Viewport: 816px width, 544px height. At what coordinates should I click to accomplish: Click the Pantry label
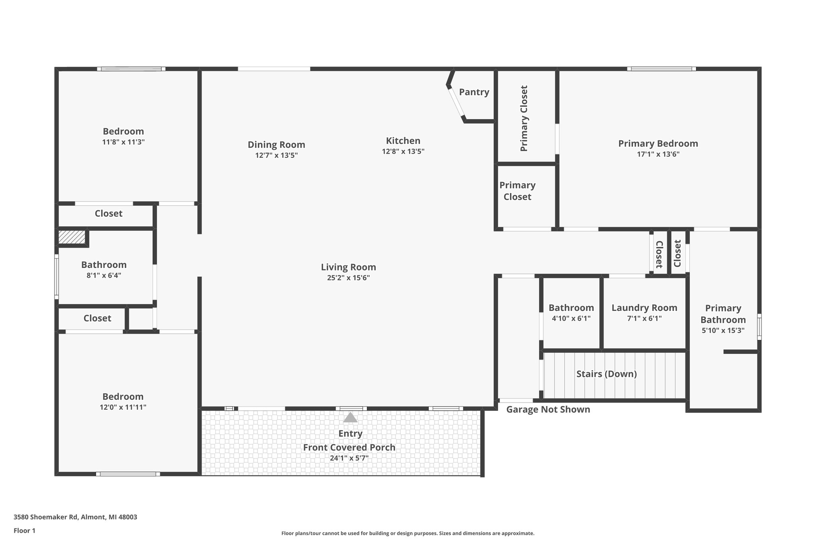[474, 92]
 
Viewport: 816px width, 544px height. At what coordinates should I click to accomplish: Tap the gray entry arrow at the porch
[350, 417]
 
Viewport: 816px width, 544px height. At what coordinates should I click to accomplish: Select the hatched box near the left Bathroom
[72, 237]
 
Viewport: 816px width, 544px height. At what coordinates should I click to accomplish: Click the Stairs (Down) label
[606, 374]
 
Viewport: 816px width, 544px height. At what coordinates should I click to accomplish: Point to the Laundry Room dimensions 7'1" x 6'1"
[644, 318]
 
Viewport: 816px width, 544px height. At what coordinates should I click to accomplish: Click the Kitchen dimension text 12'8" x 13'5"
[403, 151]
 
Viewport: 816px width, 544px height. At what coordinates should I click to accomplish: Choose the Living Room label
[348, 267]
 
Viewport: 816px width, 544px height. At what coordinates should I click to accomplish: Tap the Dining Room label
[276, 145]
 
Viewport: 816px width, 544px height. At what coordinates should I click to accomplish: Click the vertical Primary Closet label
[524, 118]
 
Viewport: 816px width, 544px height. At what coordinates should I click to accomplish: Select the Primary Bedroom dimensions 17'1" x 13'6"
[658, 154]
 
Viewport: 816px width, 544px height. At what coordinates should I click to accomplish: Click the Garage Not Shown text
[548, 409]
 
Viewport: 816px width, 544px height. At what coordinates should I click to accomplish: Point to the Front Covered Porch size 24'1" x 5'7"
[349, 458]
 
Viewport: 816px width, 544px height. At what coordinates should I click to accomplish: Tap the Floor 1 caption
[24, 530]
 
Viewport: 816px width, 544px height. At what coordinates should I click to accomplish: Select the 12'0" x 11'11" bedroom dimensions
[123, 407]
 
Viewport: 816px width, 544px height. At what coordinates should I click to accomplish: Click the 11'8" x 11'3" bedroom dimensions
[123, 142]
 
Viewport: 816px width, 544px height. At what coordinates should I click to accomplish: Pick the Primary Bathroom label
[723, 314]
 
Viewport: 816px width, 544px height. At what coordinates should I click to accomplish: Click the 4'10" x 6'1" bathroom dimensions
[571, 318]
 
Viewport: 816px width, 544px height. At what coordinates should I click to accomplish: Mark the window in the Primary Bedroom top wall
[661, 69]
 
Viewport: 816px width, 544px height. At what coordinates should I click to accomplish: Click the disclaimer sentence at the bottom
[408, 533]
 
